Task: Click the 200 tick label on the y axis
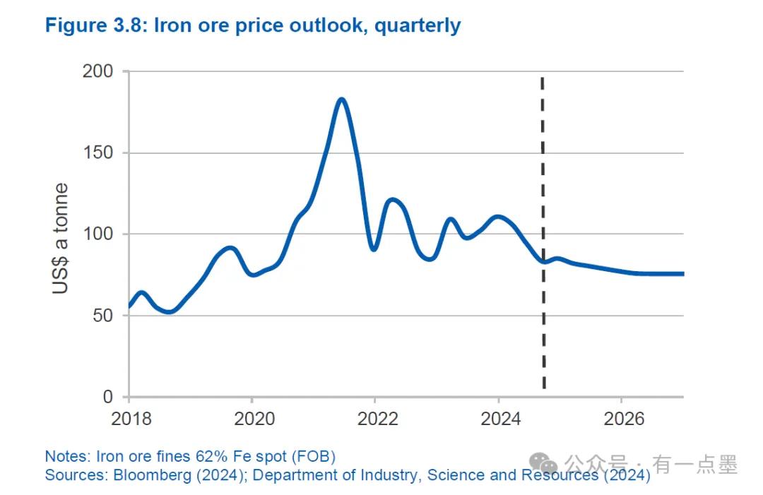click(x=99, y=71)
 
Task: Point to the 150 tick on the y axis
click(x=99, y=153)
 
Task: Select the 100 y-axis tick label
click(x=99, y=234)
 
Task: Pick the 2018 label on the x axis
click(x=131, y=418)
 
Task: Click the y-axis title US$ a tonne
click(x=61, y=238)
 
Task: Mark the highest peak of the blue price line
click(x=341, y=99)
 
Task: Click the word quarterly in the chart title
click(x=418, y=26)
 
